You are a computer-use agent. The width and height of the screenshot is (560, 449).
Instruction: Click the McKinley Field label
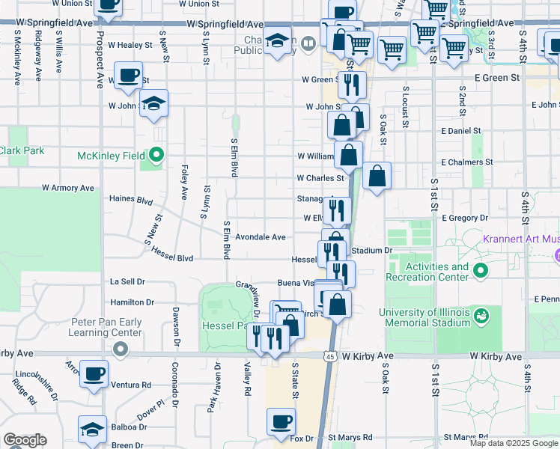pos(112,156)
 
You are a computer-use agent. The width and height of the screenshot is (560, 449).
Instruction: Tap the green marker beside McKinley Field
pos(156,156)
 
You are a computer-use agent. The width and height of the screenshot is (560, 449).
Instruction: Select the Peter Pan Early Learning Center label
pos(106,327)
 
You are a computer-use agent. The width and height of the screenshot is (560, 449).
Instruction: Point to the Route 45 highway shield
pos(330,357)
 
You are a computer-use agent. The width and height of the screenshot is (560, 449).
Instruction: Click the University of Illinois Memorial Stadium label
pos(424,317)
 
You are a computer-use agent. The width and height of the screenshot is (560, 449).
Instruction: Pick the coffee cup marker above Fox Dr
pos(281,421)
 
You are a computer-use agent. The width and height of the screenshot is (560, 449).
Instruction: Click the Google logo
pos(25,440)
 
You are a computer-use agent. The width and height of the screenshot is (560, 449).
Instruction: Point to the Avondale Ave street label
pos(261,237)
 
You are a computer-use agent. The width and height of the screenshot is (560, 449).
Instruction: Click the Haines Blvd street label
pos(131,200)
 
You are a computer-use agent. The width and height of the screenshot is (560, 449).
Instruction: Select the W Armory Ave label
pos(68,188)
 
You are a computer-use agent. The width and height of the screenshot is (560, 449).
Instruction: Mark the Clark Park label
pos(22,150)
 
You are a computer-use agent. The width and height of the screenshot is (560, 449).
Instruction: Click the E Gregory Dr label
pos(465,218)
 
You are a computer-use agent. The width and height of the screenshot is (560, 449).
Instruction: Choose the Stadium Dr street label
pos(371,250)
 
